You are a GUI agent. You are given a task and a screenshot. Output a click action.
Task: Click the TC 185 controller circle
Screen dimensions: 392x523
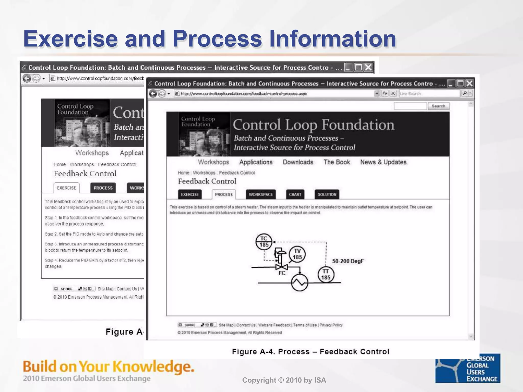click(x=264, y=242)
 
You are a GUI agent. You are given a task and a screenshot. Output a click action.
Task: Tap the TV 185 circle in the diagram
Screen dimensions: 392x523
click(x=297, y=254)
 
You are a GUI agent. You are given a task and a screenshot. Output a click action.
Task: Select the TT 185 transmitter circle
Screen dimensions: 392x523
click(x=326, y=275)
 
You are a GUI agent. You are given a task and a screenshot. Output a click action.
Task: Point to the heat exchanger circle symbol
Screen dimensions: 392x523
click(x=300, y=283)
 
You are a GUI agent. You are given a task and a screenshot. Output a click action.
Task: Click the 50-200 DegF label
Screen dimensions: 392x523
click(x=348, y=261)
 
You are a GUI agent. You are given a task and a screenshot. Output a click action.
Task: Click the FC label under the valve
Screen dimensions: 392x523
click(x=282, y=273)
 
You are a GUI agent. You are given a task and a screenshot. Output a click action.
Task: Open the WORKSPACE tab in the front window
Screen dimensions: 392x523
click(x=261, y=194)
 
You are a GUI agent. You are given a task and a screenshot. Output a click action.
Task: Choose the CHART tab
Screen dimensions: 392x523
click(x=295, y=194)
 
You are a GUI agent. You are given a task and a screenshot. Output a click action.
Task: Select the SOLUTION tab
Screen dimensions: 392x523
click(x=327, y=194)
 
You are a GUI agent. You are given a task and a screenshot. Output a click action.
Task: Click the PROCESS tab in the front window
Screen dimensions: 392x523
click(x=224, y=194)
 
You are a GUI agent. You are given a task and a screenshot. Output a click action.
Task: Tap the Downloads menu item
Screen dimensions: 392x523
click(x=298, y=162)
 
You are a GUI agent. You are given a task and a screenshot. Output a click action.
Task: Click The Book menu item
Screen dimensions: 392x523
click(x=337, y=162)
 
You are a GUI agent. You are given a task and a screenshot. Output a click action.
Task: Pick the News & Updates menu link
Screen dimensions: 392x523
click(x=383, y=162)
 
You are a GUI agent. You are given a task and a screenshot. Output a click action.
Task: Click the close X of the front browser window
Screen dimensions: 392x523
click(x=470, y=83)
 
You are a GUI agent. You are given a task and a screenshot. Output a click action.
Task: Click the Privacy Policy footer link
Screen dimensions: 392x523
click(x=331, y=325)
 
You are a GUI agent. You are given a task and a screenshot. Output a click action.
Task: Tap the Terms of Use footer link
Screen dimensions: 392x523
click(x=305, y=325)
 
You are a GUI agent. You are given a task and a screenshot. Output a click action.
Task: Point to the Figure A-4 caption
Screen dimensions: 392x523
click(x=311, y=352)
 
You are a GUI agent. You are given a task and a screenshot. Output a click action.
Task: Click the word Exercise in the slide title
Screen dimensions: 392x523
click(x=70, y=39)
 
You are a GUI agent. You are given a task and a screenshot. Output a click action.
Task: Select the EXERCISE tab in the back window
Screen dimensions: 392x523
click(x=66, y=188)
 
